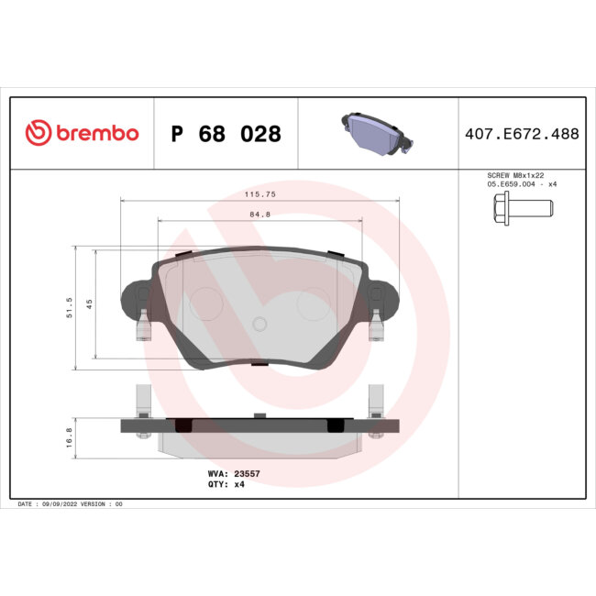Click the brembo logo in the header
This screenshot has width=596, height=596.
click(x=82, y=134)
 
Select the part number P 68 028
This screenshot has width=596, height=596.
click(x=226, y=135)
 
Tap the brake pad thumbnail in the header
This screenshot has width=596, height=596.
click(x=377, y=133)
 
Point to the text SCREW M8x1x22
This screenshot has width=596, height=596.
click(x=520, y=175)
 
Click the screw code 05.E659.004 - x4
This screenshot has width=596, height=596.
click(x=520, y=184)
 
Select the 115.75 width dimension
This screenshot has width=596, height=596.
click(x=259, y=195)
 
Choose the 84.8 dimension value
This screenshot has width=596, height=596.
click(x=259, y=215)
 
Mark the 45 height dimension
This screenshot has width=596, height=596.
click(x=89, y=304)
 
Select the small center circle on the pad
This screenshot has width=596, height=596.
click(x=259, y=323)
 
